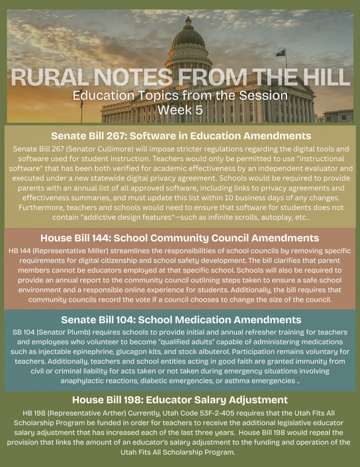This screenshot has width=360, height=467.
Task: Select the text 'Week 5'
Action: coord(180,110)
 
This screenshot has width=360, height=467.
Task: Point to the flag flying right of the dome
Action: coord(281,53)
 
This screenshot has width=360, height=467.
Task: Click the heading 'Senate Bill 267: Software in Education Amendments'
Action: coord(181,135)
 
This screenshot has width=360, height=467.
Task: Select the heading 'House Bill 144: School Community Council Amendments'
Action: coord(180,238)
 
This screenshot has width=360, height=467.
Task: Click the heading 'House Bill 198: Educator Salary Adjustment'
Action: coord(180,400)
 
